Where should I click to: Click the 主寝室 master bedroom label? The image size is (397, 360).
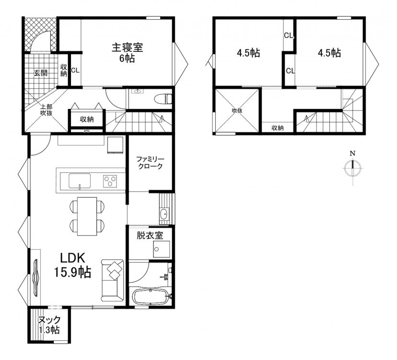tap(128, 48)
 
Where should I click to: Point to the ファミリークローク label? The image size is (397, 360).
tap(150, 163)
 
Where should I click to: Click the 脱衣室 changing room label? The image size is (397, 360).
tap(150, 236)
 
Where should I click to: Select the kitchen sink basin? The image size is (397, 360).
tap(80, 181)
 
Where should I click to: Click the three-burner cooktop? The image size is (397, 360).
tap(110, 181)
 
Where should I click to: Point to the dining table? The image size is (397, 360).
tap(87, 216)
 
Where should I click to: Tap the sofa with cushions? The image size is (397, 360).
tap(112, 280)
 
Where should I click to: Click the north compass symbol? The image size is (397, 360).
tap(352, 168)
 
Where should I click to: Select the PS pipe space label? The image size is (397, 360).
tap(87, 131)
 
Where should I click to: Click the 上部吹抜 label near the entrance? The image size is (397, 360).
tap(47, 109)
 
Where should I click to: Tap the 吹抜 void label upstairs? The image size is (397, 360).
tap(237, 110)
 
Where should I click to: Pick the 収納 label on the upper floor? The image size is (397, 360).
tap(278, 128)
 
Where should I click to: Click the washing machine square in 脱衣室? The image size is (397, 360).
tap(161, 250)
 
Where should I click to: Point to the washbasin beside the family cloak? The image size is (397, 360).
tap(164, 214)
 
